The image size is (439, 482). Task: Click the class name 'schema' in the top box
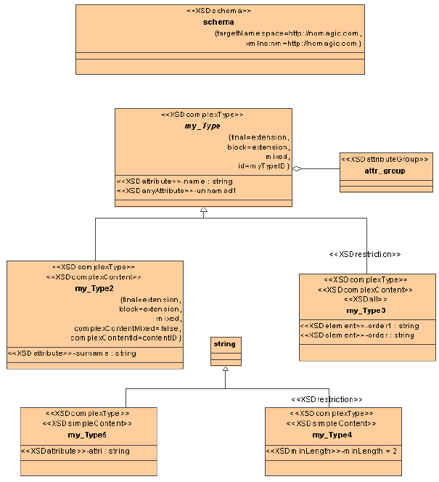[x=218, y=23]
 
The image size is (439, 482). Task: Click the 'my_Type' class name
[x=202, y=126]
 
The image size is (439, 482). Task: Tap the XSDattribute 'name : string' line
[x=174, y=181]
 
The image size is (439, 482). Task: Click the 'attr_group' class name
[x=385, y=171]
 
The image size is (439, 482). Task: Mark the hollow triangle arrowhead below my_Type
[x=204, y=213]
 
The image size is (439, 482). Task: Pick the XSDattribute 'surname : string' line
[x=72, y=354]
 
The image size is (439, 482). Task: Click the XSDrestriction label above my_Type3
[x=365, y=254]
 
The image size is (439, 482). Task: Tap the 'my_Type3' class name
[x=367, y=311]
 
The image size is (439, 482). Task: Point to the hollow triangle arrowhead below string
[x=226, y=369]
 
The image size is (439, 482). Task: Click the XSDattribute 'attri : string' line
[x=75, y=451]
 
